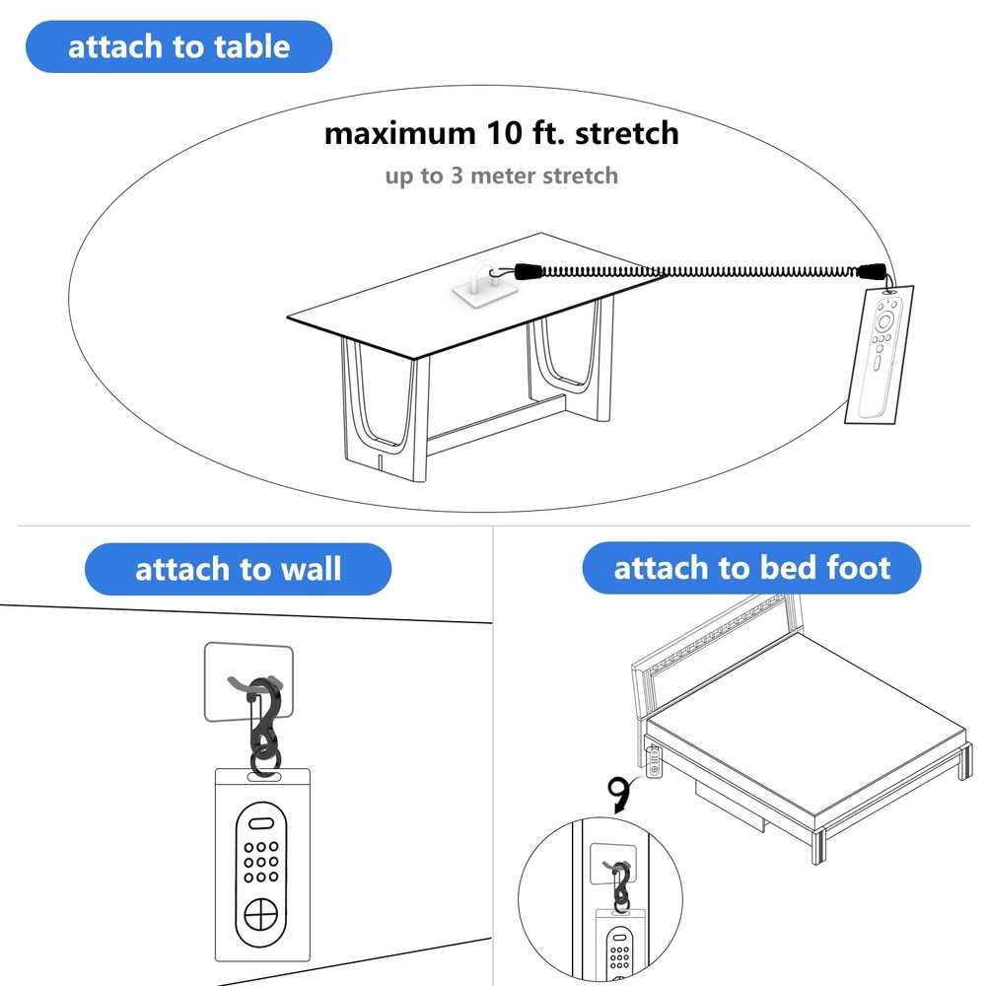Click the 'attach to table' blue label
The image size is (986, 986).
(178, 46)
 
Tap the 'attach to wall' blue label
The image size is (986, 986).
(238, 569)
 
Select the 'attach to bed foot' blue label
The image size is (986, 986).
(751, 568)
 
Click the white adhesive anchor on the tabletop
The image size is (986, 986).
(485, 285)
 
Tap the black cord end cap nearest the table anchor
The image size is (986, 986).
(528, 272)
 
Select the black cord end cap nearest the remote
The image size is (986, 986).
(871, 272)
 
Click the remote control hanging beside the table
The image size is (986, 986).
(880, 356)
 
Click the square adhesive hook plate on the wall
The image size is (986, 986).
(248, 682)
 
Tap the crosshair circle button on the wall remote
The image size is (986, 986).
(260, 915)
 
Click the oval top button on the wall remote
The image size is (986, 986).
(260, 823)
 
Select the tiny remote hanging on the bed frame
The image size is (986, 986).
(655, 763)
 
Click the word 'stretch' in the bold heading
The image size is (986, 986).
(627, 133)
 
